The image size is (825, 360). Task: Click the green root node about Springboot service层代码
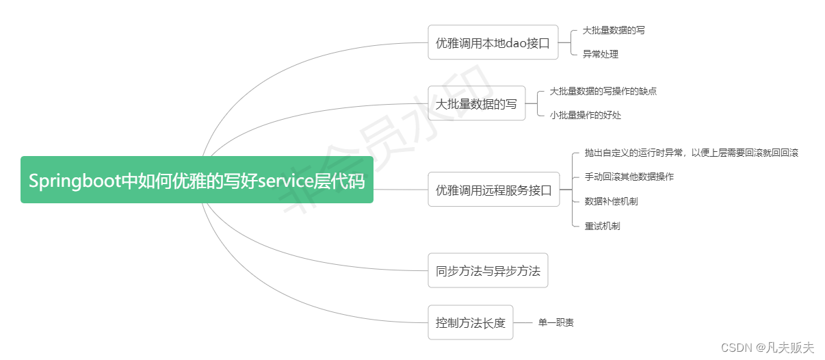(197, 180)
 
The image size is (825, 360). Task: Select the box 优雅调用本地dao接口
(493, 42)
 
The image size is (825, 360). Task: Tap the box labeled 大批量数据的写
(476, 103)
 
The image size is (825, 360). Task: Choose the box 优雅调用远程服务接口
(493, 190)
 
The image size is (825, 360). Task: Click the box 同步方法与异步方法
(488, 270)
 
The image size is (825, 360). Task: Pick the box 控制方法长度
(470, 322)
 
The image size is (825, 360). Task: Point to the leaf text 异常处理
(600, 54)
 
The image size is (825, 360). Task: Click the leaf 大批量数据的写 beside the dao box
(613, 31)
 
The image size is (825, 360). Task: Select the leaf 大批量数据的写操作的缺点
(603, 91)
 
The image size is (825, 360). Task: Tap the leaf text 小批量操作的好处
(585, 115)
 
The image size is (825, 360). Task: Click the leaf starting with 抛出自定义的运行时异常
(691, 153)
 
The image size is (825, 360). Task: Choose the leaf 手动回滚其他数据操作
(629, 177)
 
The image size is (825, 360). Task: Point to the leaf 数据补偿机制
(611, 201)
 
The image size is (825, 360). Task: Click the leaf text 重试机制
(602, 226)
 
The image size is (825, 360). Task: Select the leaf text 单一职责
(555, 322)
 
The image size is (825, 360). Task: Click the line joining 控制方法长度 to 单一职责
(523, 322)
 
